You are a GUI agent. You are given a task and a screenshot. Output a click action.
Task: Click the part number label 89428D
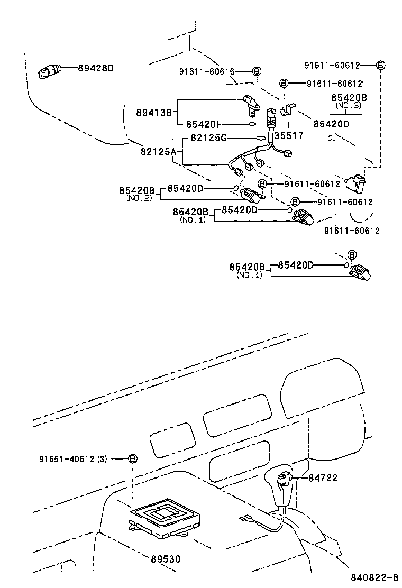pyautogui.click(x=96, y=68)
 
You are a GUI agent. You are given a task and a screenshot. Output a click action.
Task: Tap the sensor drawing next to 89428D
pyautogui.click(x=50, y=71)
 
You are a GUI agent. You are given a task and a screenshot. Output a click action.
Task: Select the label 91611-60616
pyautogui.click(x=214, y=71)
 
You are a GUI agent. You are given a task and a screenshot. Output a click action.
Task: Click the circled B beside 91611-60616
pyautogui.click(x=256, y=71)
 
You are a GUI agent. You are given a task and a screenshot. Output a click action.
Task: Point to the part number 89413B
pyautogui.click(x=154, y=112)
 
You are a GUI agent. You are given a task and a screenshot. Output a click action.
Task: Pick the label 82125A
pyautogui.click(x=158, y=152)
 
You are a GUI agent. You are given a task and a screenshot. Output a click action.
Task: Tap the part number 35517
pyautogui.click(x=289, y=135)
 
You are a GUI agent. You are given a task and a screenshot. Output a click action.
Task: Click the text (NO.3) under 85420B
pyautogui.click(x=349, y=106)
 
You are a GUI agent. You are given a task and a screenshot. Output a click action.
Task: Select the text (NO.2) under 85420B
pyautogui.click(x=139, y=198)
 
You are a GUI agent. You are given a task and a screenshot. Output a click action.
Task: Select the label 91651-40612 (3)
pyautogui.click(x=72, y=458)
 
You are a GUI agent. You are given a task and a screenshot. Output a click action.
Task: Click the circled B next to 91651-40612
pyautogui.click(x=133, y=458)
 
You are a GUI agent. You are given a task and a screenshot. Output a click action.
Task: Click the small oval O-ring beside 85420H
pyautogui.click(x=252, y=125)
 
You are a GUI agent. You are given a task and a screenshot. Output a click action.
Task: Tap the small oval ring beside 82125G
pyautogui.click(x=261, y=139)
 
